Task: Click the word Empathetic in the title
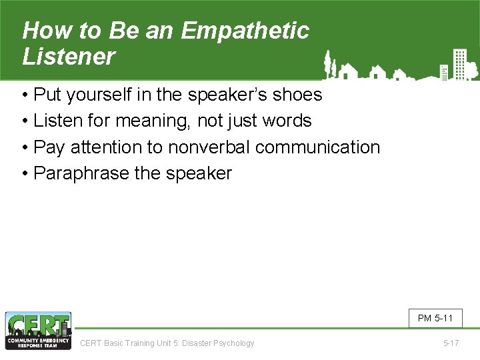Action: coord(245,31)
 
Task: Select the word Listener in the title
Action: coord(69,57)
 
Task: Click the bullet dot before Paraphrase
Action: coord(25,173)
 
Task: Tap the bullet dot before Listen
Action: coord(25,121)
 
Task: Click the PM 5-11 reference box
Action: coord(435,318)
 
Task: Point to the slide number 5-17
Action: coord(451,343)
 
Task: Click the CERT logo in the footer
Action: coord(38,331)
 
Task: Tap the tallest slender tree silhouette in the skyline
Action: coord(327,65)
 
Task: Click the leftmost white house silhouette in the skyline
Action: coord(347,71)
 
